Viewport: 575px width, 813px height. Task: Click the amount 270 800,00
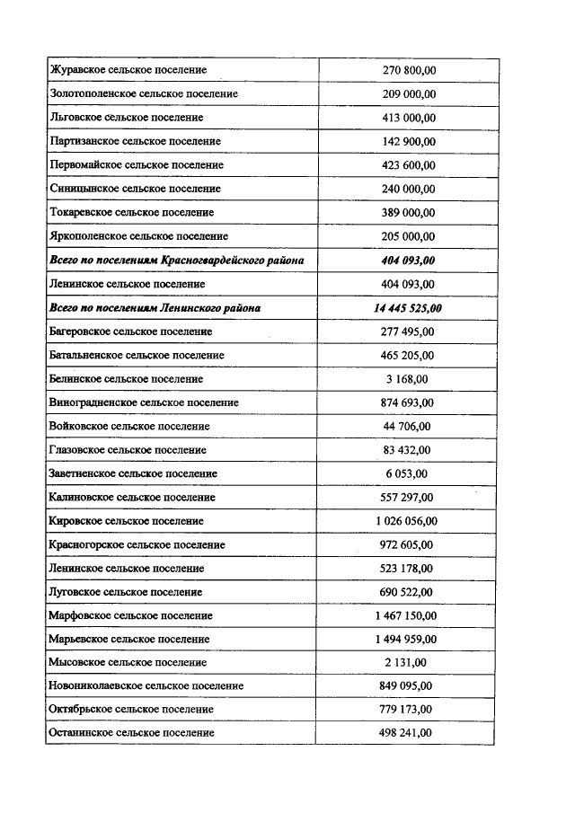click(x=409, y=70)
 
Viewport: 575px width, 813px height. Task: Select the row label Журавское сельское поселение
click(x=128, y=70)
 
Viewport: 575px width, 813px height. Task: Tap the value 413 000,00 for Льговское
click(x=409, y=118)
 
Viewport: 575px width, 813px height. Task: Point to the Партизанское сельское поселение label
click(x=135, y=141)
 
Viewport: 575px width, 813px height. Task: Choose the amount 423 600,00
click(x=409, y=165)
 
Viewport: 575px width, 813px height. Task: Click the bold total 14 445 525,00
click(x=407, y=308)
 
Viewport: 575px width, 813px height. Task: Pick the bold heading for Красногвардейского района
click(x=176, y=261)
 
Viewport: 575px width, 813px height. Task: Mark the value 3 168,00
click(x=408, y=379)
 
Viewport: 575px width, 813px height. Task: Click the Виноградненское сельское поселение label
click(x=144, y=402)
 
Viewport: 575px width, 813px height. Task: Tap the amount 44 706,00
click(x=408, y=426)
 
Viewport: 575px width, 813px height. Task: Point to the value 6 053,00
click(x=408, y=473)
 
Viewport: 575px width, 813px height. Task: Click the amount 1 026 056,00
click(x=407, y=521)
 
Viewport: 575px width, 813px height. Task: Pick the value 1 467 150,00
click(x=407, y=615)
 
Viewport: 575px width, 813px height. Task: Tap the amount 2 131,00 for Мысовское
click(x=408, y=663)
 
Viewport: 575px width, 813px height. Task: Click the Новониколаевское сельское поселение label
click(x=146, y=686)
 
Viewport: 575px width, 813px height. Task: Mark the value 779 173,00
click(x=409, y=710)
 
